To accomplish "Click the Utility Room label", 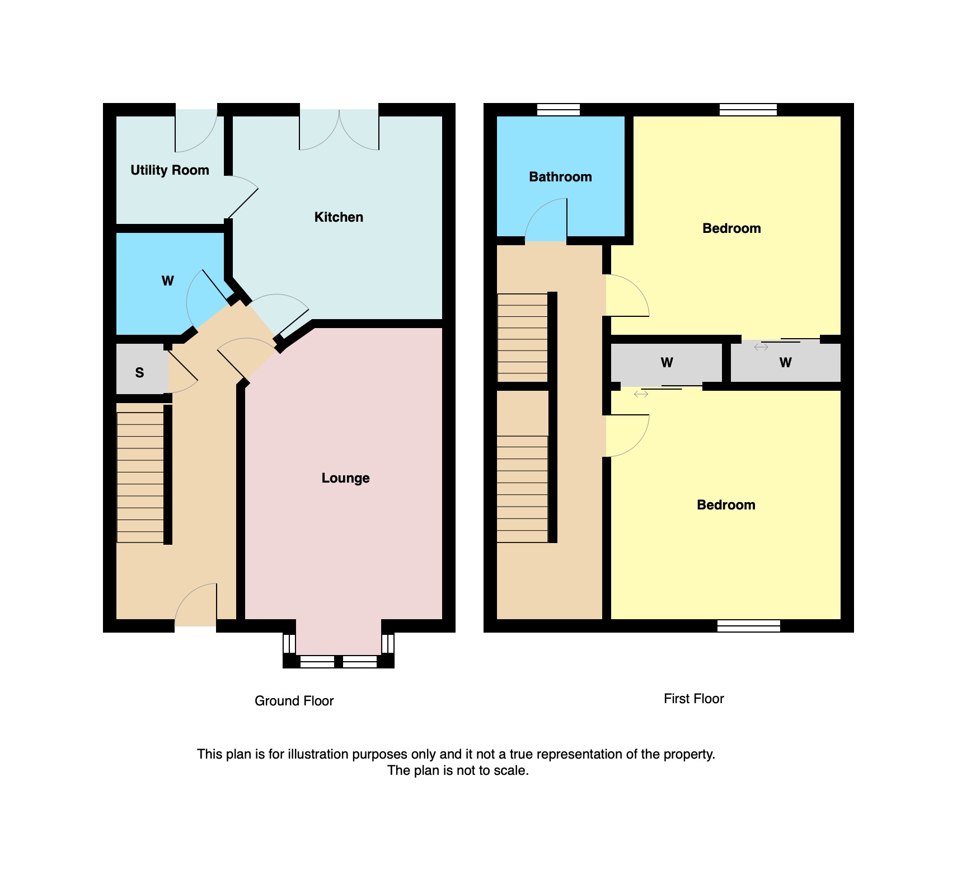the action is point(170,170).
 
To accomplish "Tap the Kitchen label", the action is point(339,217).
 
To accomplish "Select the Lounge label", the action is point(345,478).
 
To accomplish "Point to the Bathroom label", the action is point(560,177).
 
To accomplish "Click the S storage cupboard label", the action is point(139,373).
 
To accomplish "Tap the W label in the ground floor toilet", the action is point(167,281).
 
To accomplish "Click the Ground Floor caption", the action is point(294,701).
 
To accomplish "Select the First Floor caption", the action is point(694,699).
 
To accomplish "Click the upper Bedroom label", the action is point(731,228).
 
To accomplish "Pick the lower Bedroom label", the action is point(726,505).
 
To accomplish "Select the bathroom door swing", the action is point(546,219).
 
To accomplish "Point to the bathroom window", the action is point(559,110).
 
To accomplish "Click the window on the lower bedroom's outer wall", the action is point(749,626).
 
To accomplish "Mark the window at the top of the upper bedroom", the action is point(748,110).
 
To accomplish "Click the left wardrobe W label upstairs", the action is point(667,363).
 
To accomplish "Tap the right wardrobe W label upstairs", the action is point(785,363).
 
